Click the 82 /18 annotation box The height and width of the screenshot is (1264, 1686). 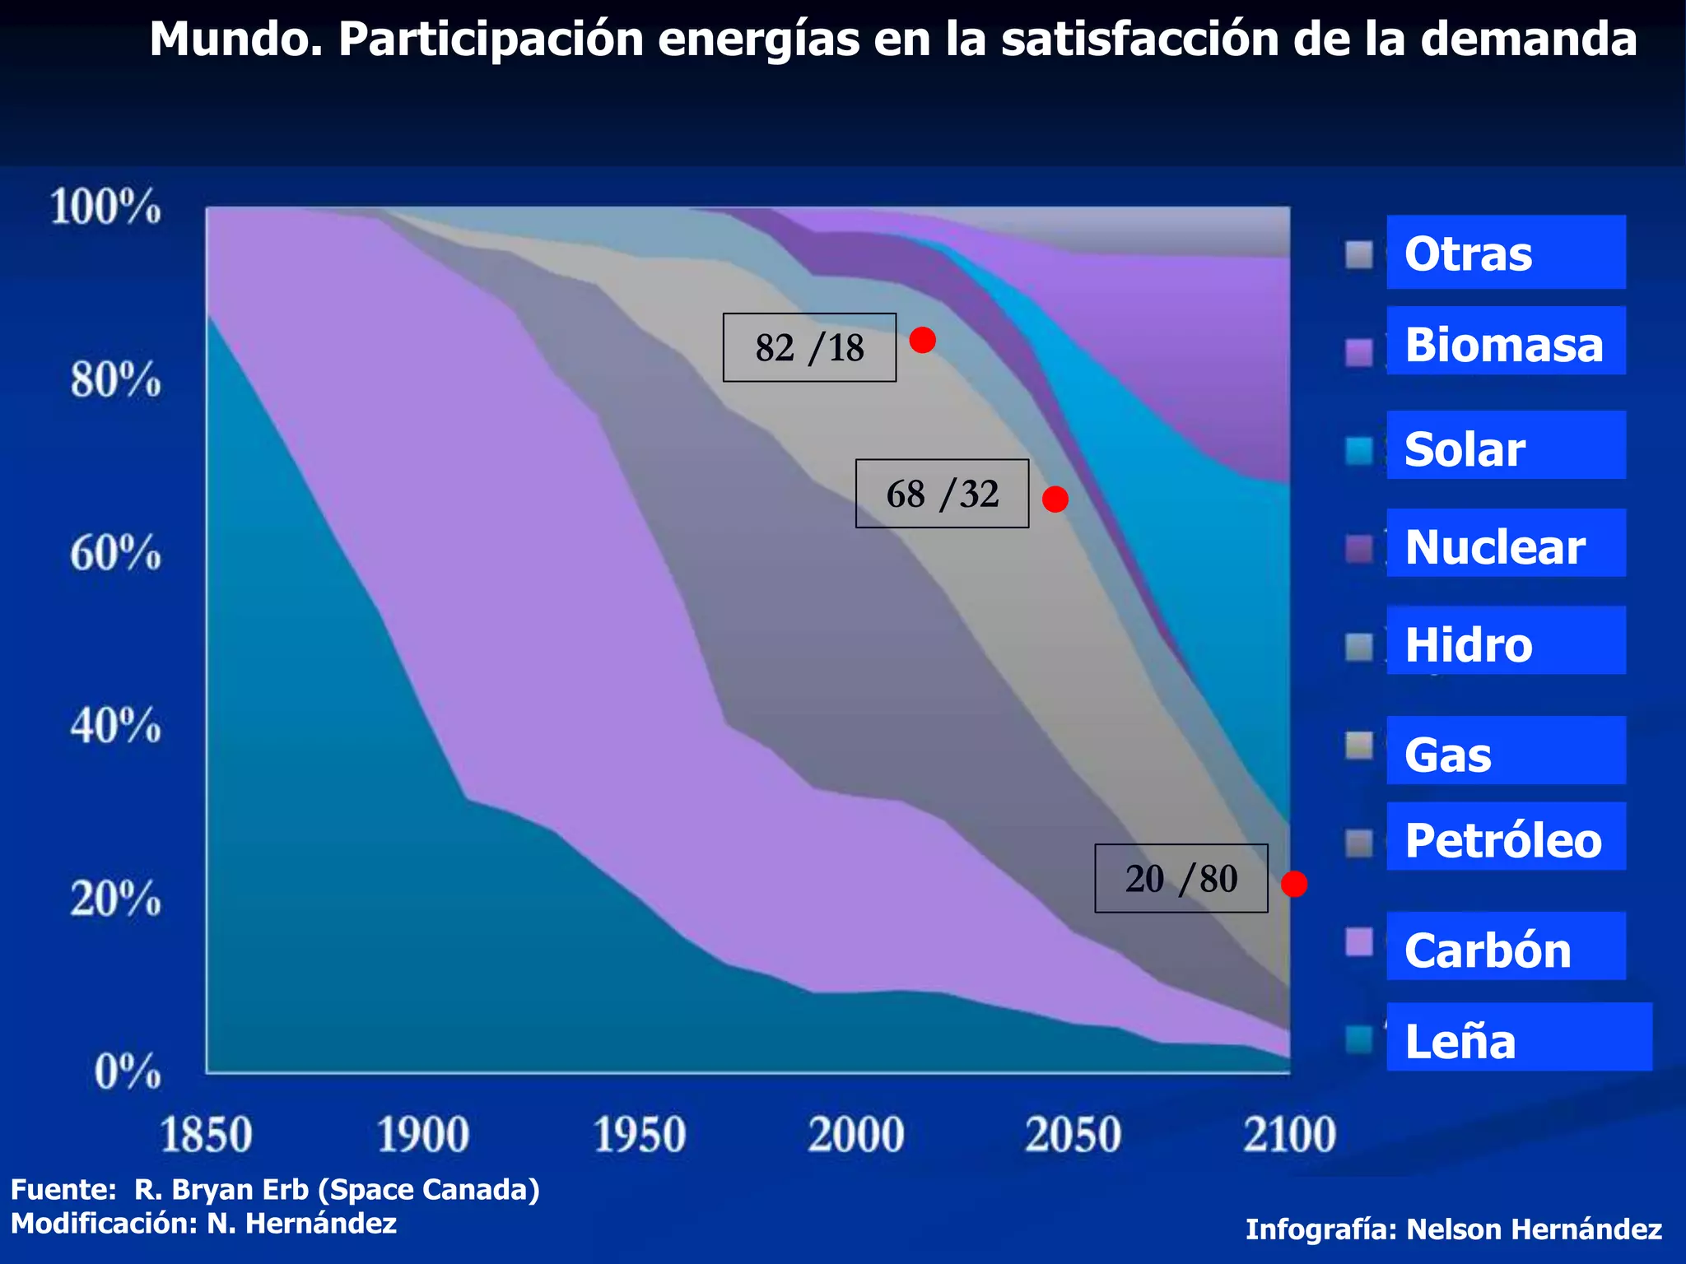(x=809, y=347)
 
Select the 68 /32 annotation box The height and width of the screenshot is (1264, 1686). (x=942, y=494)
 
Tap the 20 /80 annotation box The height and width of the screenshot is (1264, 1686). (x=1181, y=879)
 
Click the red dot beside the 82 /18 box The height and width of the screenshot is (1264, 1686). (x=922, y=340)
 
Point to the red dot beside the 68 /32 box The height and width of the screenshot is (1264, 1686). (x=1055, y=499)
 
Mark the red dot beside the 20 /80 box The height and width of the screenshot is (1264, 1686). (x=1293, y=884)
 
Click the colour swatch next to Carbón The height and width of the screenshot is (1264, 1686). (x=1359, y=942)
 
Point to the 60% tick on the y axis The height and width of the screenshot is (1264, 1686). (x=115, y=553)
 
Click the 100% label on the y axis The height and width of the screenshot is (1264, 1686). (x=105, y=207)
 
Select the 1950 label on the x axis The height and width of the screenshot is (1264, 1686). (x=639, y=1136)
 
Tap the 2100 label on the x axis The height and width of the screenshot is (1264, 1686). (x=1289, y=1136)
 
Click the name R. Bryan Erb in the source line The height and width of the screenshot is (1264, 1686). (x=221, y=1190)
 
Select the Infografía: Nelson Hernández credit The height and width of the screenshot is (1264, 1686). (x=1453, y=1229)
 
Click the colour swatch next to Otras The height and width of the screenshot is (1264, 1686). (x=1359, y=255)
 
